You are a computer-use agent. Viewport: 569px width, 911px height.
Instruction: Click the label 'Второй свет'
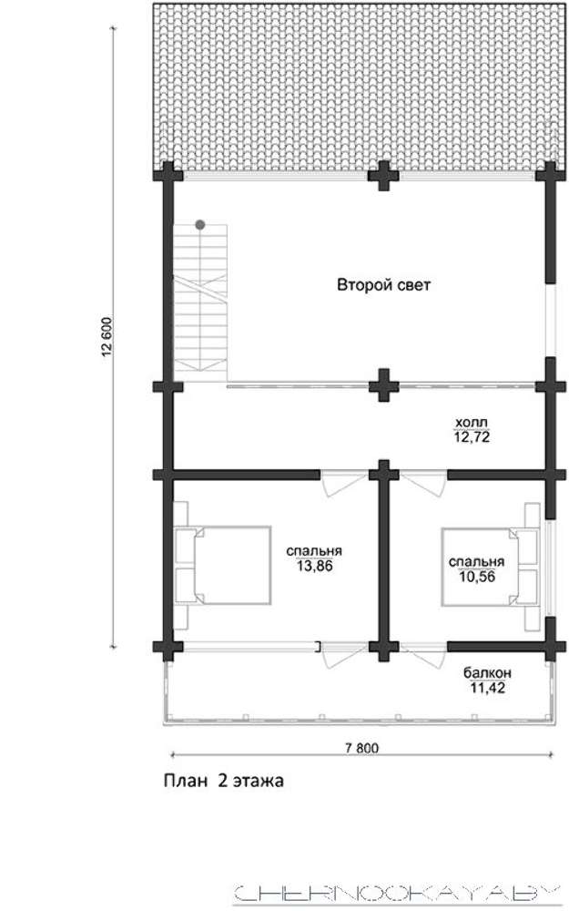384,285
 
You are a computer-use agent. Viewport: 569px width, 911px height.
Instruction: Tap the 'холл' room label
472,423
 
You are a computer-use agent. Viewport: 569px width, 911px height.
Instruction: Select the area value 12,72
472,437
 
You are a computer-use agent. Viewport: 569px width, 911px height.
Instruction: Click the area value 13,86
315,566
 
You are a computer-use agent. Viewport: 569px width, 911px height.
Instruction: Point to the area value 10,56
477,577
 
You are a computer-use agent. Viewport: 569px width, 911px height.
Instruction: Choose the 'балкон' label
487,673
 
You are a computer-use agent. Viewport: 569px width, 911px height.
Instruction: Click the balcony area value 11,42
487,689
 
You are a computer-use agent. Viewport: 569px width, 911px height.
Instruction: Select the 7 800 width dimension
361,748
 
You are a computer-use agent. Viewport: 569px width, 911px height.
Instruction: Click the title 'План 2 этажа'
224,781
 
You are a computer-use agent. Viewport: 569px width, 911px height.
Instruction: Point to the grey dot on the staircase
199,224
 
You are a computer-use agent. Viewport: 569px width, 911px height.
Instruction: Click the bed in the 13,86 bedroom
222,566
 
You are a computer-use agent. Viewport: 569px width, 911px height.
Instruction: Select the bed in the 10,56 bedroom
490,567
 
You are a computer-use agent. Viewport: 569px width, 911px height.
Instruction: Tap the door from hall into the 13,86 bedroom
343,484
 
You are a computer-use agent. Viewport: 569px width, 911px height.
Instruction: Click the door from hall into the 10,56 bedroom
424,483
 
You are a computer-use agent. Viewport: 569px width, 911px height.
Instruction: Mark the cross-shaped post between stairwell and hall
383,385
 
